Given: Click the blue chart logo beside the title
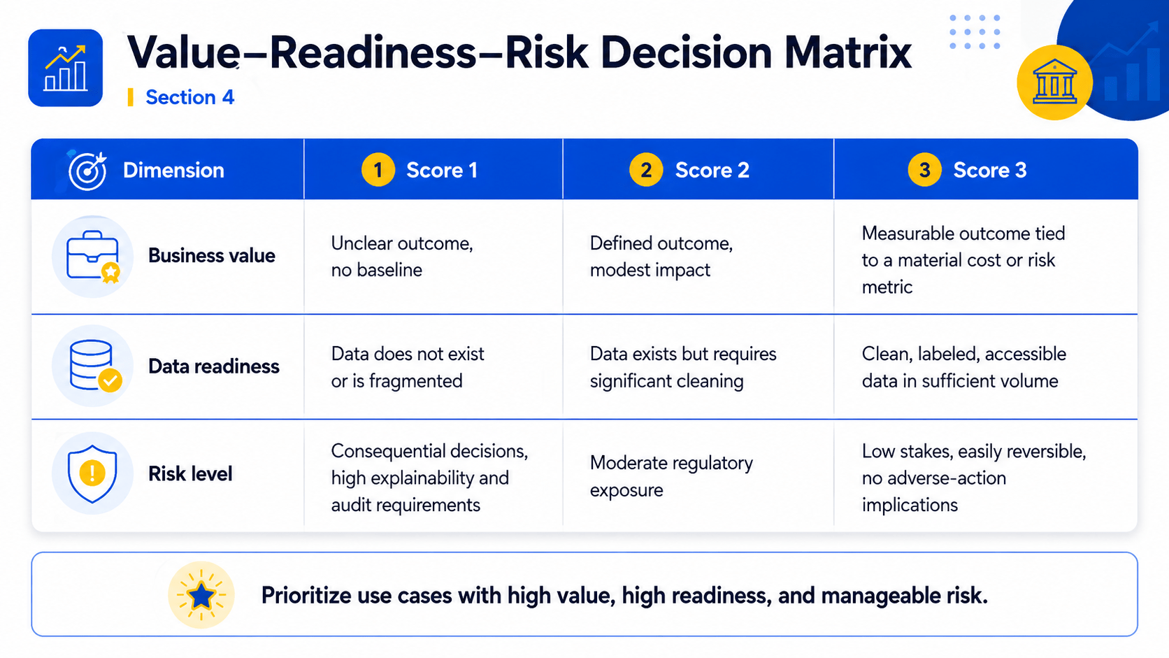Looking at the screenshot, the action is (65, 68).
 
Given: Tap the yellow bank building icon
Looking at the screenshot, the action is (1055, 83).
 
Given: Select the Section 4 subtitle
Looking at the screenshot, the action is (189, 98).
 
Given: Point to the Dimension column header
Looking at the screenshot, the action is (173, 170).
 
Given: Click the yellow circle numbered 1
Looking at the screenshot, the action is (378, 170).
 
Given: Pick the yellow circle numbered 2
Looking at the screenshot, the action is (646, 170).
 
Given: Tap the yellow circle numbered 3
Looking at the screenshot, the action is (924, 170).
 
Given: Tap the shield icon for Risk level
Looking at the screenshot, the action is (92, 474).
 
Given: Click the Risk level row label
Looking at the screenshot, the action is (190, 474).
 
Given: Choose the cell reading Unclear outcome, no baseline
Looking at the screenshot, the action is (402, 257).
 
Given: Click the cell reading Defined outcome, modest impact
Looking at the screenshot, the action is (661, 257).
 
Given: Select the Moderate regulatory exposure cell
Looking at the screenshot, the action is (671, 476).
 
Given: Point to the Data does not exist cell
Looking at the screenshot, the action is (408, 367).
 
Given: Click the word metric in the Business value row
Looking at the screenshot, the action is (887, 287).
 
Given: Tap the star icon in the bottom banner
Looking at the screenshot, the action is (201, 595).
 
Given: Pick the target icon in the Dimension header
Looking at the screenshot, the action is (87, 171).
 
